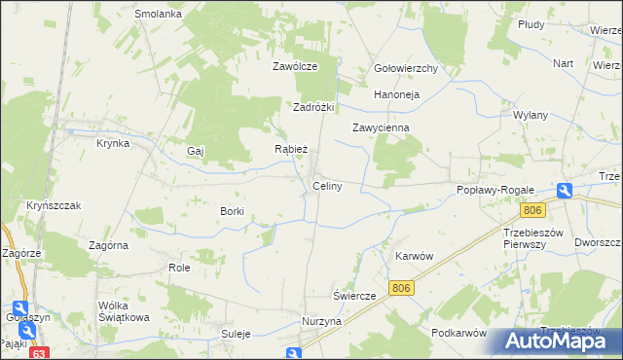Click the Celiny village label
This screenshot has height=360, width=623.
(326, 186)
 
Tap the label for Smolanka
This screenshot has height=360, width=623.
(159, 15)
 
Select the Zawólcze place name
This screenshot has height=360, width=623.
(296, 67)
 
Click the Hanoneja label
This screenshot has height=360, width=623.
(396, 95)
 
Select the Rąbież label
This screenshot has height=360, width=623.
(291, 150)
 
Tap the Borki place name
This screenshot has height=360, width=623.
(232, 211)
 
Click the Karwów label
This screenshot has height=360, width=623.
(413, 255)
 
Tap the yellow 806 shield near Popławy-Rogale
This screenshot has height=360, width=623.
(531, 210)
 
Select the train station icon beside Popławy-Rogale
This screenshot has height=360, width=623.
(565, 192)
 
